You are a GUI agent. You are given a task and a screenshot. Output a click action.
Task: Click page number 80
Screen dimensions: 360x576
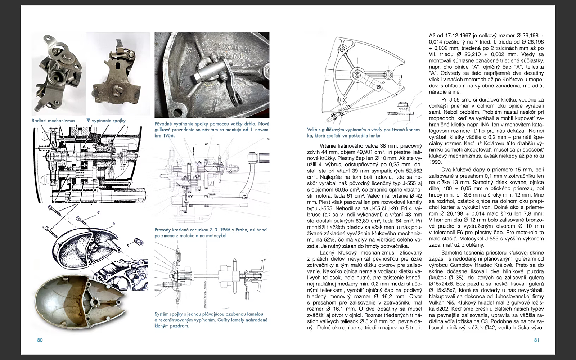40,340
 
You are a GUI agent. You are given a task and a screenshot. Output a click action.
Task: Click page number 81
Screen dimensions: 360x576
536,340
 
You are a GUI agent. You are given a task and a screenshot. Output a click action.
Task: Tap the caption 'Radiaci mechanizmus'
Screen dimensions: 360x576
53,121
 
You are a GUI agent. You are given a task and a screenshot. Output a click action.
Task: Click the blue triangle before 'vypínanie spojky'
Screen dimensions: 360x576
88,121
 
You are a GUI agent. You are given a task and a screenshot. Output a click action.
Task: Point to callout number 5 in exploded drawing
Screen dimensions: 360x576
128,246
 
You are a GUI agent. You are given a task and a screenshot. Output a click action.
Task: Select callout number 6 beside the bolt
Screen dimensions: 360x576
98,213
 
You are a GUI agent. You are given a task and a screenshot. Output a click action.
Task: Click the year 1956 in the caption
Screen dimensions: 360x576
168,136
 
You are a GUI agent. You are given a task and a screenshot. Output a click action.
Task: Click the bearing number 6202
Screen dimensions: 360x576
437,309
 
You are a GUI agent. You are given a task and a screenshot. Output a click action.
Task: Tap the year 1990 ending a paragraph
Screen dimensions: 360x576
435,162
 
